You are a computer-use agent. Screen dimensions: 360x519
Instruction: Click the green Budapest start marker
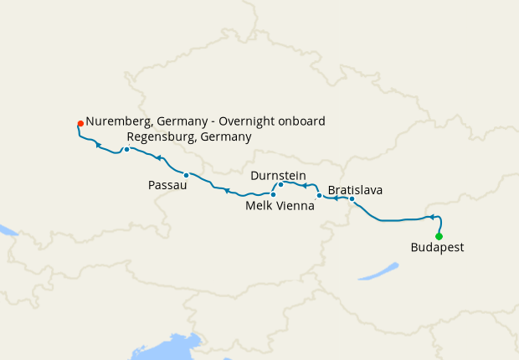(439, 236)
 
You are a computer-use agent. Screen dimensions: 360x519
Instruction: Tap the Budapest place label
(437, 248)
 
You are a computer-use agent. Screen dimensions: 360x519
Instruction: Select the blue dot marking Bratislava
(352, 199)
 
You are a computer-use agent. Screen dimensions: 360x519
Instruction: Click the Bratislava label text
(355, 190)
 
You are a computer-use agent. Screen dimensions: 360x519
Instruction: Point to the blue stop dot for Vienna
(319, 196)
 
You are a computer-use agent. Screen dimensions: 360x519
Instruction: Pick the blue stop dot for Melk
(274, 194)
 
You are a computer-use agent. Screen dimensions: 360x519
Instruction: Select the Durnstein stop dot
(280, 184)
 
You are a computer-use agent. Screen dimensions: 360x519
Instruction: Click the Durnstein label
(278, 175)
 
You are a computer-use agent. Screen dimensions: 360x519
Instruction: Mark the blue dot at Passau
(186, 175)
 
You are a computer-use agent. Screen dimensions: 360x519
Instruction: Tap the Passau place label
(167, 185)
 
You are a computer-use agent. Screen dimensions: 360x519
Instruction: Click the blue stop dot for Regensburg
(126, 150)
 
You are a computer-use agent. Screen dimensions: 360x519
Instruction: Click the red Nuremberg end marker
(80, 124)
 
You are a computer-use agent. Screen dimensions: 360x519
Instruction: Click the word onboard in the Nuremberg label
(301, 121)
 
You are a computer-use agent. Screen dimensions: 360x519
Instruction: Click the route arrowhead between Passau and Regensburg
(157, 157)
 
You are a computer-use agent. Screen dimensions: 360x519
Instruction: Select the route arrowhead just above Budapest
(433, 218)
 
